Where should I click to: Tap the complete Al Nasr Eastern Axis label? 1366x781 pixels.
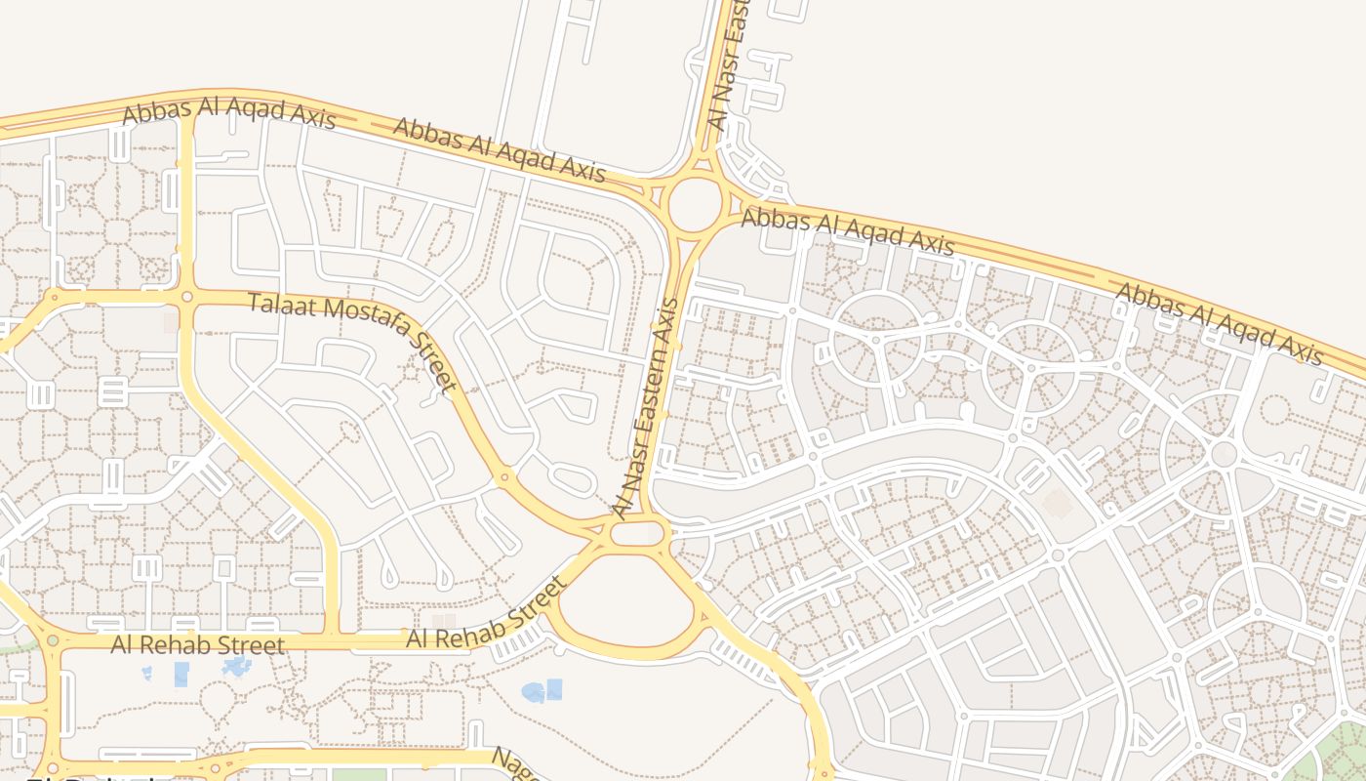pos(645,408)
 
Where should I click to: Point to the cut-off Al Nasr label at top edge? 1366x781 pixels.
pos(731,63)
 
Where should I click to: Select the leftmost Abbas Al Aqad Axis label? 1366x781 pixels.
pos(228,112)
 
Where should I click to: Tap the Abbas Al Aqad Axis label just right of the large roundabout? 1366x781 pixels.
pos(847,231)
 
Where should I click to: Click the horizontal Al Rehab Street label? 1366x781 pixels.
pos(198,645)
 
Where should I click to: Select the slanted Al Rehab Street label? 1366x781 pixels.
pos(486,612)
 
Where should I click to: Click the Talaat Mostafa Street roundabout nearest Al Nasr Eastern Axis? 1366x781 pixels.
pos(504,477)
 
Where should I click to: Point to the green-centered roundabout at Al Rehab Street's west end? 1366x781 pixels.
pos(53,641)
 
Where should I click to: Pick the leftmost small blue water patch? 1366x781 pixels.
pos(146,673)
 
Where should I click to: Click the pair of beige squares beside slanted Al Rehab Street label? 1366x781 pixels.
pos(443,621)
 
